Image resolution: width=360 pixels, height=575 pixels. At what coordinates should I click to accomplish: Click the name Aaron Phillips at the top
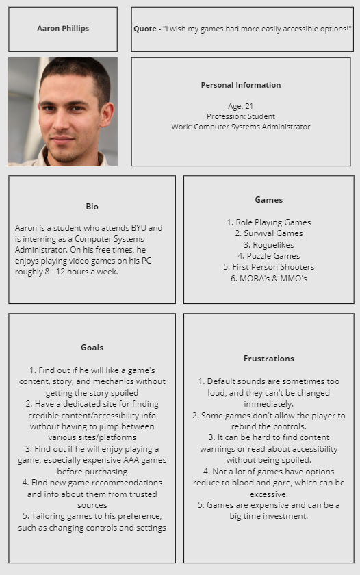pos(63,29)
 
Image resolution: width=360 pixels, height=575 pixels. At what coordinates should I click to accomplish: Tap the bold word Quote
pos(145,29)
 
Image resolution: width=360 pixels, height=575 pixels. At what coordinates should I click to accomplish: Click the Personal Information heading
pos(240,85)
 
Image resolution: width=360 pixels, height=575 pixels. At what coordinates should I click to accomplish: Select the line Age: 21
pos(240,106)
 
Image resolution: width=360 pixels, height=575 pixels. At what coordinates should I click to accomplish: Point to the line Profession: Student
pos(240,116)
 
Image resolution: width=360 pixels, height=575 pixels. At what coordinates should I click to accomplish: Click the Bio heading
pos(92,207)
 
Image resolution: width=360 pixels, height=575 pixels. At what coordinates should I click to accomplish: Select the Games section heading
pos(268,200)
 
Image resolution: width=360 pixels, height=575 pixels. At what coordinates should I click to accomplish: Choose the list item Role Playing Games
pos(268,222)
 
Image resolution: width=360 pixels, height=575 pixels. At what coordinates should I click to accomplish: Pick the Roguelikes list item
pos(268,244)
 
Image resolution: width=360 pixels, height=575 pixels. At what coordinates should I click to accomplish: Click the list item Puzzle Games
pos(268,255)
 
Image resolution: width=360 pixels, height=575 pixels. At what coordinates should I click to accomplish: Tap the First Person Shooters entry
pos(268,267)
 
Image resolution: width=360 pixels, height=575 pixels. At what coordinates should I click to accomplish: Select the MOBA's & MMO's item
pos(268,278)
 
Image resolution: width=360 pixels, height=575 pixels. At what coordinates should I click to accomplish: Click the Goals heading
pos(92,348)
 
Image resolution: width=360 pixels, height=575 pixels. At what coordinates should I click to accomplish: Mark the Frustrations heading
pos(268,359)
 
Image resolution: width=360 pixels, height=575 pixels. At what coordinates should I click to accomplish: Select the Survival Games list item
pos(268,233)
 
